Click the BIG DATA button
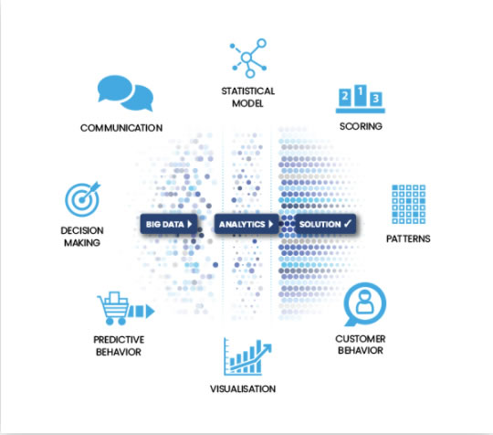click(169, 224)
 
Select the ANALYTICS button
click(246, 224)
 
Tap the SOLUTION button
click(325, 224)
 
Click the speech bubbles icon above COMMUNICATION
click(125, 93)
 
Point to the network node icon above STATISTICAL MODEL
click(247, 58)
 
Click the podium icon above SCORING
click(361, 99)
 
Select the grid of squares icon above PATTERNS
click(408, 205)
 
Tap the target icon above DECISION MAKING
click(82, 199)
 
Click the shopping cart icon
click(125, 309)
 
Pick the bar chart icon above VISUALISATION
click(247, 357)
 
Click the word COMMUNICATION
click(121, 128)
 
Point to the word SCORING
click(361, 126)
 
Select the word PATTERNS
click(408, 239)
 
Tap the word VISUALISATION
click(243, 388)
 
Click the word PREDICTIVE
click(119, 340)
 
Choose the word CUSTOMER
click(361, 339)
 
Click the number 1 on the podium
click(361, 91)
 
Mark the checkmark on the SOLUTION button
click(348, 224)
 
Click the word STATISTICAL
click(248, 91)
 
